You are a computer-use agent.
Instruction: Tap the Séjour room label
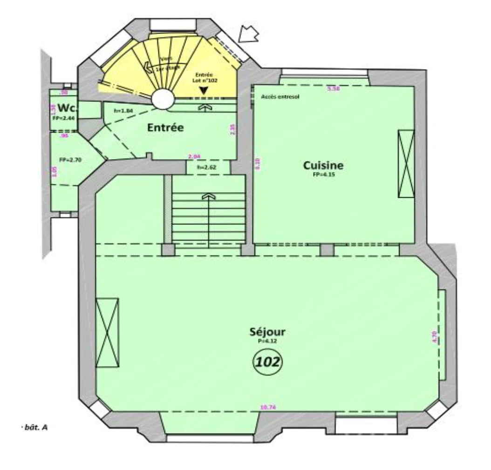click(267, 332)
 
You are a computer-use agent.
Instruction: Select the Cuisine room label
click(323, 165)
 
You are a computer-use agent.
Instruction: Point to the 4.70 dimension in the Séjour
click(434, 336)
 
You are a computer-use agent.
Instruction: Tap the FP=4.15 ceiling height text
click(323, 175)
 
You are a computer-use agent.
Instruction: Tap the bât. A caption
click(35, 426)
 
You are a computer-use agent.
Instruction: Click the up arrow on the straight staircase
click(208, 197)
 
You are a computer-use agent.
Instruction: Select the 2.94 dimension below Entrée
click(194, 157)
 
